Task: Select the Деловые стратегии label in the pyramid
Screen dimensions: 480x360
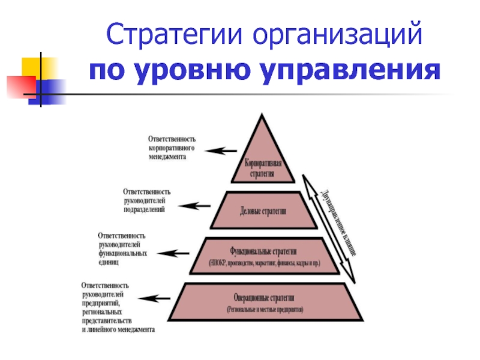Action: click(x=263, y=211)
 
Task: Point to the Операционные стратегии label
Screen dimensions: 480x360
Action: click(x=265, y=298)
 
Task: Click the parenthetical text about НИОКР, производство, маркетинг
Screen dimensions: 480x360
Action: click(x=265, y=263)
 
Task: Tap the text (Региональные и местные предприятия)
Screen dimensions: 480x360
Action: click(x=265, y=310)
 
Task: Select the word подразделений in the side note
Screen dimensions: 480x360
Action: click(x=144, y=209)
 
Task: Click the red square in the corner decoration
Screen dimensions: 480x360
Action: click(x=18, y=85)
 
